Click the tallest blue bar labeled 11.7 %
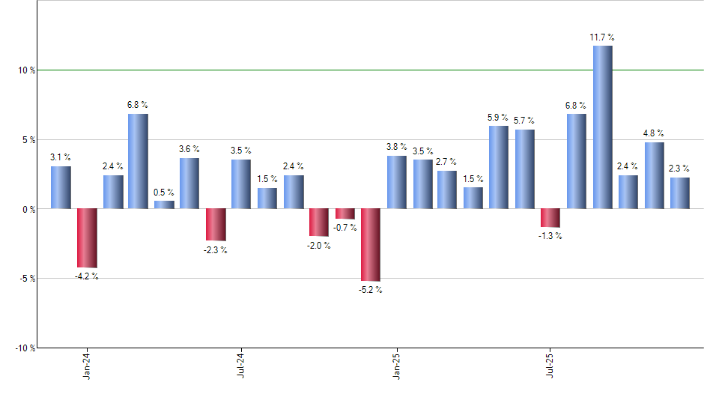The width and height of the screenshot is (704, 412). coord(602,127)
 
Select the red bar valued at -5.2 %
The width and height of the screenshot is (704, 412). coord(371,245)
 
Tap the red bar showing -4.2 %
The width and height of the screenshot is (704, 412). coord(87,238)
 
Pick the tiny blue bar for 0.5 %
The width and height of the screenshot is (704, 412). coord(164,205)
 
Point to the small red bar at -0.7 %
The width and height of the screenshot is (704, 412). coord(345,213)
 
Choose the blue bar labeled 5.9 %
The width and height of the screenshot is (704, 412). coord(499,167)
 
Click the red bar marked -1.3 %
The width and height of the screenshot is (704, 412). coord(550,217)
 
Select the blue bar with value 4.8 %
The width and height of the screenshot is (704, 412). coord(654,175)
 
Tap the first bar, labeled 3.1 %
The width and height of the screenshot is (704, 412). coord(61,187)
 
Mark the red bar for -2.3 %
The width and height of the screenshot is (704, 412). coord(216,225)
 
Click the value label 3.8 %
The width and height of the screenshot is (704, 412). coord(397,147)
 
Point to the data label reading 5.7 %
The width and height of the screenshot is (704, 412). coord(524,121)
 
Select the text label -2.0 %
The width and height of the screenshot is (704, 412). coord(319,246)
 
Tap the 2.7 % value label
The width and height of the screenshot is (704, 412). coord(447,162)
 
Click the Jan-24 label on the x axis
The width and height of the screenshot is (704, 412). coord(88,366)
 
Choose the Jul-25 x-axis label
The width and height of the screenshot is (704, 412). coord(550,366)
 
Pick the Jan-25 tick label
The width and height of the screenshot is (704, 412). coord(396,366)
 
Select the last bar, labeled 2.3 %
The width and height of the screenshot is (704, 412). coord(680,193)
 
